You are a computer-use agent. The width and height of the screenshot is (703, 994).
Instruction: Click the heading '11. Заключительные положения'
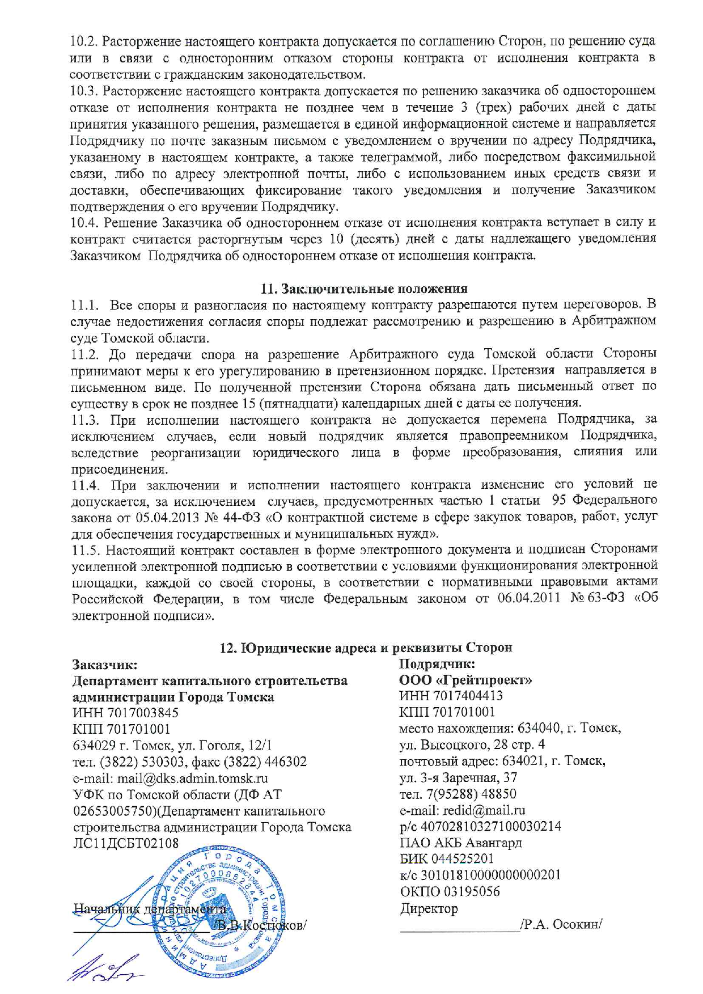click(364, 289)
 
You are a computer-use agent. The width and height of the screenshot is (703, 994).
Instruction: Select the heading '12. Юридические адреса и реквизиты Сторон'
click(366, 648)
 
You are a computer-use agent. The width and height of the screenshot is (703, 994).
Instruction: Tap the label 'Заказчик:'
click(105, 665)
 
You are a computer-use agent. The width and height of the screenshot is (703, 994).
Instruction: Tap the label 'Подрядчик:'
click(437, 664)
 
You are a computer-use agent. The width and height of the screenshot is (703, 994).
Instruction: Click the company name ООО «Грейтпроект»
click(465, 680)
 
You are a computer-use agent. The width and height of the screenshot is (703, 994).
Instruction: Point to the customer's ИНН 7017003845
click(125, 713)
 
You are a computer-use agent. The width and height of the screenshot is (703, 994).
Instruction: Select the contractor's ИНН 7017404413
click(451, 696)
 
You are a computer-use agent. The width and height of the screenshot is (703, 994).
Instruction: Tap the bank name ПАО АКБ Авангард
click(460, 843)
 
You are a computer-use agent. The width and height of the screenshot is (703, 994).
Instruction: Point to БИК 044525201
click(447, 859)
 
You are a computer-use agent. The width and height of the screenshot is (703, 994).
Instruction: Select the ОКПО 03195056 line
click(450, 891)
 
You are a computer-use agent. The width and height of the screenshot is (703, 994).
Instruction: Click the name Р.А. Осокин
click(561, 924)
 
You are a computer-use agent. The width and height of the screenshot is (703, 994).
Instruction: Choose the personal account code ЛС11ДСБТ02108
click(125, 843)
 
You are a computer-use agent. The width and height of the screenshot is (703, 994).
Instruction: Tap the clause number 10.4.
click(84, 222)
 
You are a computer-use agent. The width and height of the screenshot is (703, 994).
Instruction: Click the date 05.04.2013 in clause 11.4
click(165, 517)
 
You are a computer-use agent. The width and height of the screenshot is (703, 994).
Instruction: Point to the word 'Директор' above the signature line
click(429, 908)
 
